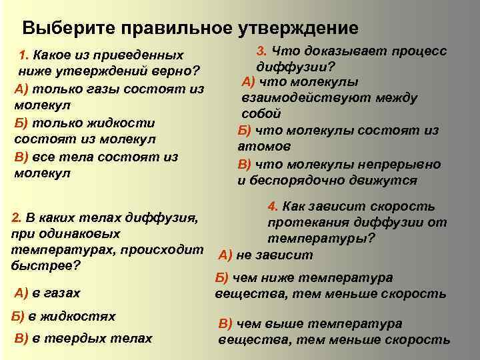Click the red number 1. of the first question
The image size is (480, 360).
pyautogui.click(x=24, y=54)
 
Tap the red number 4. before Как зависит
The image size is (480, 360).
pyautogui.click(x=272, y=207)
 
